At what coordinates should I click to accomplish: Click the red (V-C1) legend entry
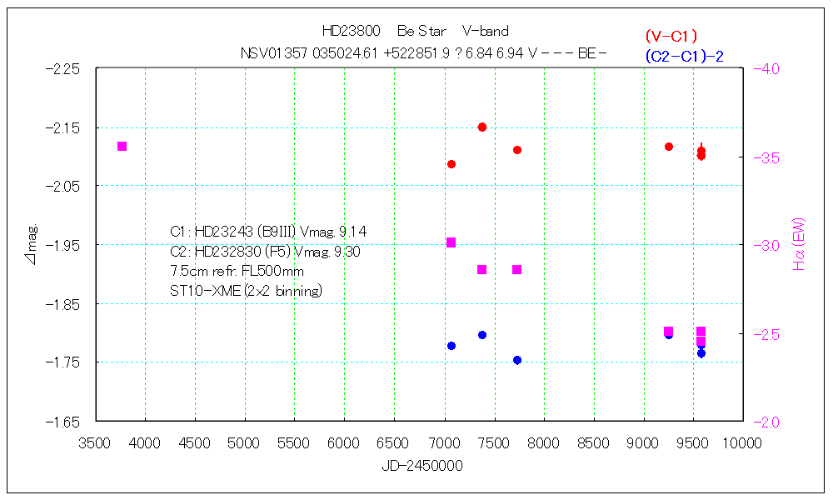coord(671,36)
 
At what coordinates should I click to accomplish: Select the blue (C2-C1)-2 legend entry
coord(683,56)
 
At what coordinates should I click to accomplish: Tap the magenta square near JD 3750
coord(122,147)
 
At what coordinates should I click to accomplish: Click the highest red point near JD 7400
coord(482,127)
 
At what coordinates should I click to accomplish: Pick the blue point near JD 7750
coord(517,360)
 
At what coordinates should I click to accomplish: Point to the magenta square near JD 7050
coord(451,242)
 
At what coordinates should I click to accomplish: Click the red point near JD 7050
coord(451,164)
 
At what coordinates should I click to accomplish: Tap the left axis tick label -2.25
coord(63,69)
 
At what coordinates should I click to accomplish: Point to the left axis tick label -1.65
coord(63,422)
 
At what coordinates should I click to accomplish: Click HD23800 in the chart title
coord(351,32)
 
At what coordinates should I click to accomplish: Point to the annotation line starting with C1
coord(267,232)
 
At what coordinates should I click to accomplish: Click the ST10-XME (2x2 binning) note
coord(246,291)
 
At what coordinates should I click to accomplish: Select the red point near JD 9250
coord(669,147)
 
